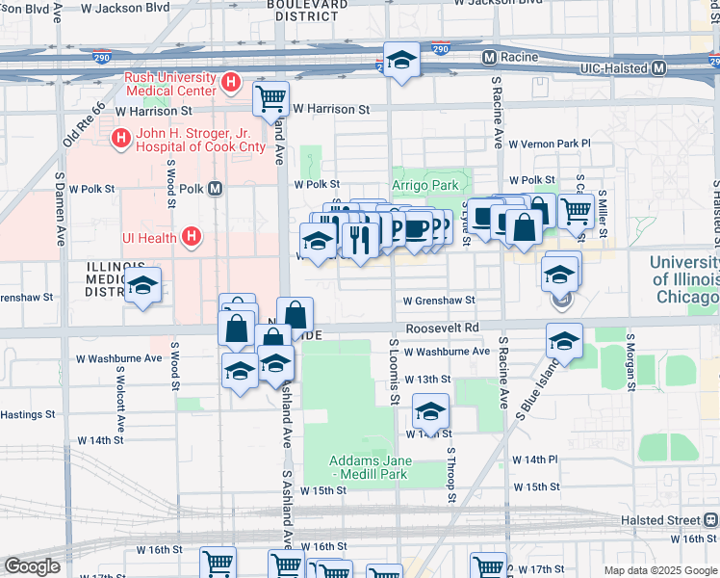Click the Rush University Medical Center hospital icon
[x=230, y=84]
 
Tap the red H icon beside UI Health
[x=192, y=236]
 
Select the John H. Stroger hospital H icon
[x=120, y=139]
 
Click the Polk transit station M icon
[x=215, y=189]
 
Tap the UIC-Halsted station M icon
[x=659, y=68]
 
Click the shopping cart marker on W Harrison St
[x=271, y=96]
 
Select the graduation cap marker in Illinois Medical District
[x=143, y=284]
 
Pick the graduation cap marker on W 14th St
[x=430, y=411]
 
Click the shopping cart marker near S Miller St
[x=576, y=209]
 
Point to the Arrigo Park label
[x=424, y=185]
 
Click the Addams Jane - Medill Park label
[x=371, y=467]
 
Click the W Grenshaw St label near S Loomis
[x=439, y=301]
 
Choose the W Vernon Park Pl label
[x=553, y=144]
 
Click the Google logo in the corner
[x=32, y=566]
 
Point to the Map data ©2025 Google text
[x=659, y=570]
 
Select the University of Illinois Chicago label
[x=683, y=279]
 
